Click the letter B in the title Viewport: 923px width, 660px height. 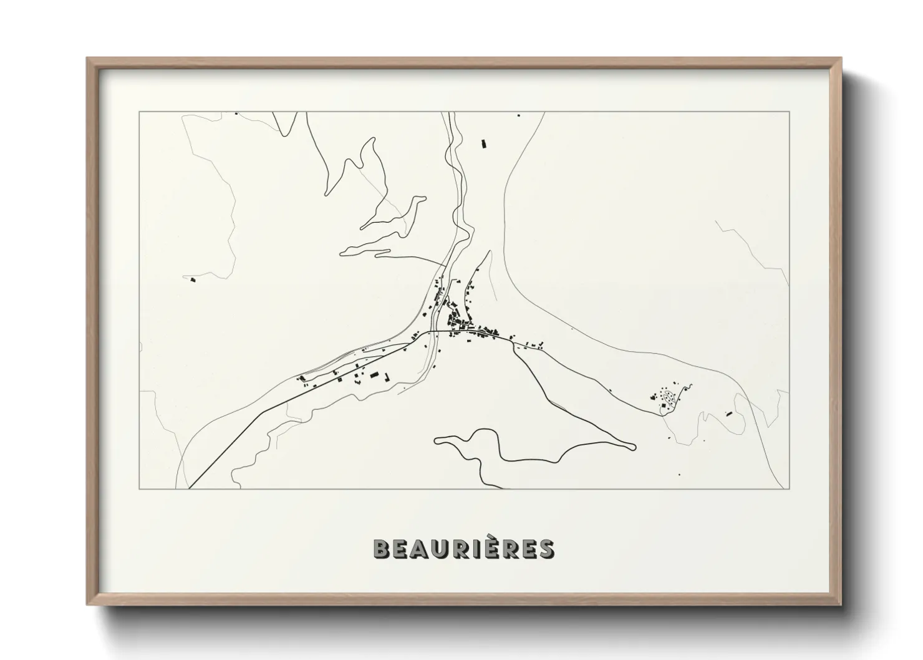pyautogui.click(x=382, y=550)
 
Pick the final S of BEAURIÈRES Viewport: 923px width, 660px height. pyautogui.click(x=545, y=550)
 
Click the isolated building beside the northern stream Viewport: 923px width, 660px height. pyautogui.click(x=483, y=144)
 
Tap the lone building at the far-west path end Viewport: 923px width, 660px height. pyautogui.click(x=193, y=281)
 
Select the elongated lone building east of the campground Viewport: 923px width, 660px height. pyautogui.click(x=728, y=413)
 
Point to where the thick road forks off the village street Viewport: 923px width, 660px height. pyautogui.click(x=513, y=342)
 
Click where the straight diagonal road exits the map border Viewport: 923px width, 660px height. pyautogui.click(x=190, y=488)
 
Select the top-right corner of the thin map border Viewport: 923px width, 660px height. pyautogui.click(x=789, y=112)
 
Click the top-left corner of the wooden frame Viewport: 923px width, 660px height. pyautogui.click(x=87, y=58)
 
